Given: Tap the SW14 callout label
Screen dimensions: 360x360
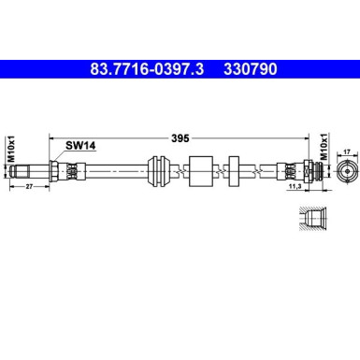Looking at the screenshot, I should click(x=80, y=145).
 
